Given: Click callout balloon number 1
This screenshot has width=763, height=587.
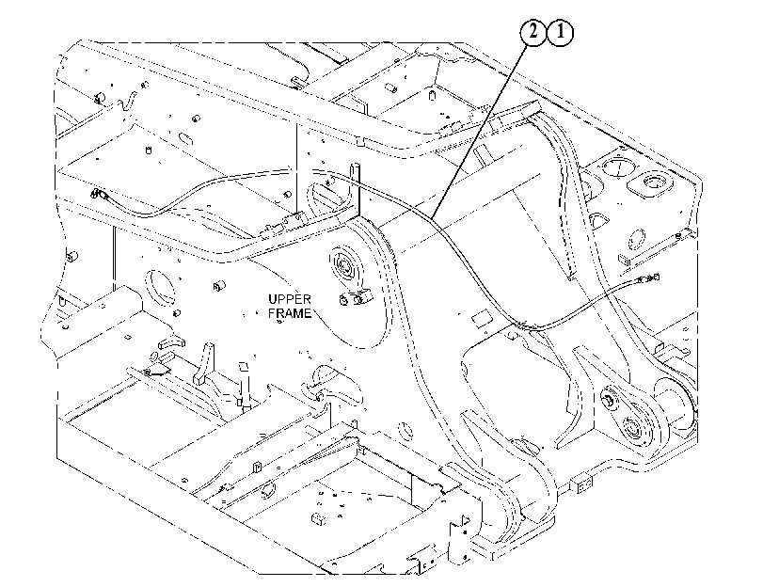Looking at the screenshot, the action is tap(561, 33).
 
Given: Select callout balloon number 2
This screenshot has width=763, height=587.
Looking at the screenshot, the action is tap(533, 33).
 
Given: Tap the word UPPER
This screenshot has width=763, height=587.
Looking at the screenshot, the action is tap(290, 299).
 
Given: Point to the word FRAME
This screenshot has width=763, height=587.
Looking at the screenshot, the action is tap(290, 313).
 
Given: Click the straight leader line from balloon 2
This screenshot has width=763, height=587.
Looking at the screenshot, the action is tap(479, 131).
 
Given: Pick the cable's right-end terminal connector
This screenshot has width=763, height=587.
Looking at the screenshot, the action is tap(648, 278).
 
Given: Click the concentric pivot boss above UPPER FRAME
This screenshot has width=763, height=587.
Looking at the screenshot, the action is tap(346, 266).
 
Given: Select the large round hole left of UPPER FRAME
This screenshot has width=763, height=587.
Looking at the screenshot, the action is tap(160, 288).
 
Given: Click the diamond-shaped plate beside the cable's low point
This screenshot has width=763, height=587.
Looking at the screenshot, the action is tap(483, 319).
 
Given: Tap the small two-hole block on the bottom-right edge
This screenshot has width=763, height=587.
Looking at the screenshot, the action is tap(584, 484).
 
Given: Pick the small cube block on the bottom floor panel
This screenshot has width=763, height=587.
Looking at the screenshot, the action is tap(318, 518).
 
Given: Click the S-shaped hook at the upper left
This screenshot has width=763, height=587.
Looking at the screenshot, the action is tap(128, 101).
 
